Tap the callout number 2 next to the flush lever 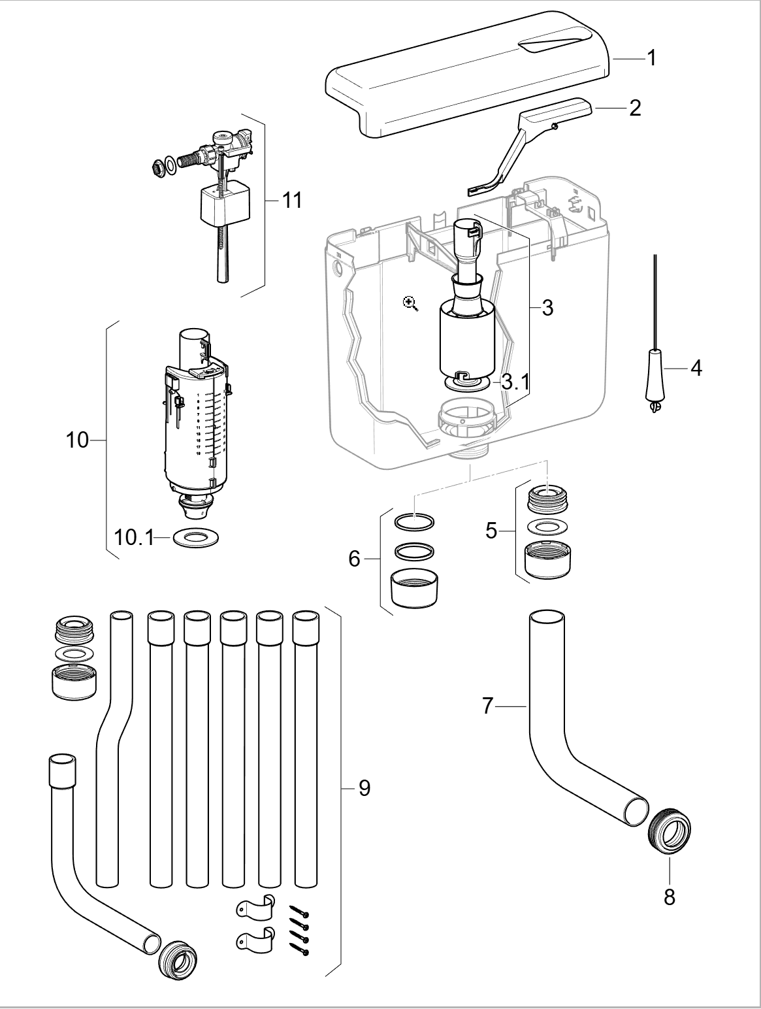(x=634, y=108)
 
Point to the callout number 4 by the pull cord (x=696, y=369)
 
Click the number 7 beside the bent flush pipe (x=488, y=706)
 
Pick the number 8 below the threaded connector (x=669, y=897)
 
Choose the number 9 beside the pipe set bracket (x=364, y=788)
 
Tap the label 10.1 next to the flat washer (x=133, y=538)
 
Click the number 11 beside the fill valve (x=292, y=200)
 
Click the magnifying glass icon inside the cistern (x=410, y=303)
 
